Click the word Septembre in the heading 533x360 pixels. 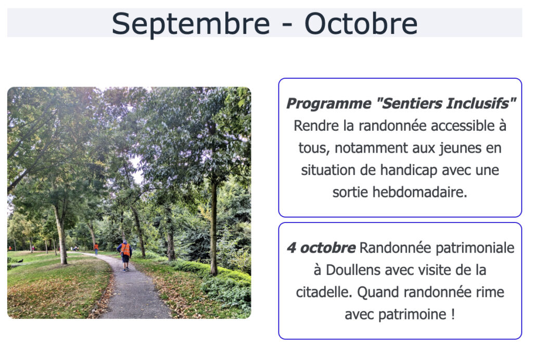point(191,24)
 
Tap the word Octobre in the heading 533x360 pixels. point(361,23)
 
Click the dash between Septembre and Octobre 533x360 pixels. point(287,26)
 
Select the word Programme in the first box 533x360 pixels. point(329,104)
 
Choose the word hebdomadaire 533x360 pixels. point(420,192)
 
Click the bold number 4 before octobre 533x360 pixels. point(291,248)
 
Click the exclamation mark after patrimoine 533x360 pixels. point(453,314)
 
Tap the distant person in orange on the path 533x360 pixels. point(96,249)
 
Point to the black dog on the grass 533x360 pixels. point(20,261)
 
